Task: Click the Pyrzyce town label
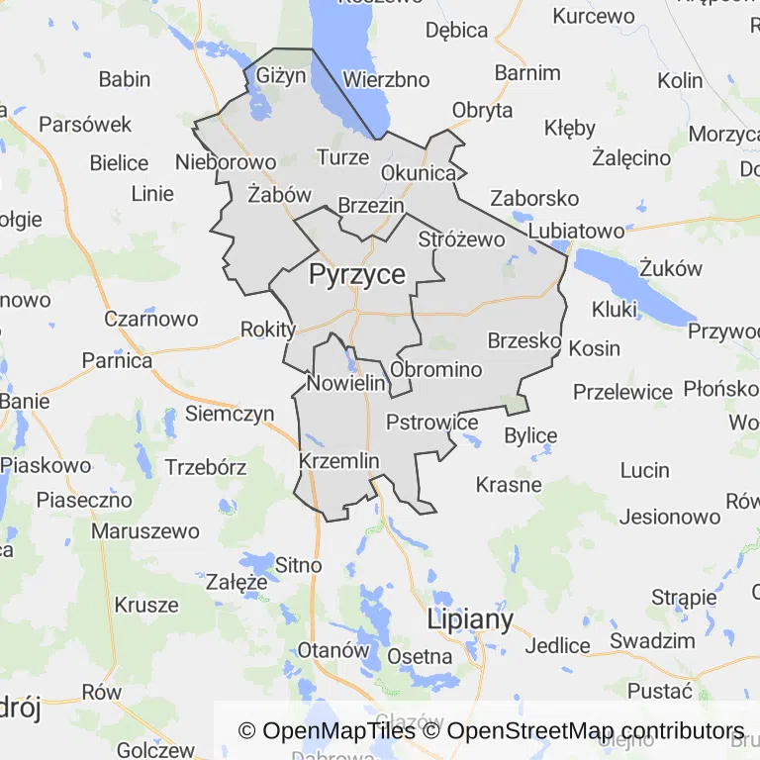click(357, 274)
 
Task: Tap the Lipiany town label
click(470, 620)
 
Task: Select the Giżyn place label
click(282, 75)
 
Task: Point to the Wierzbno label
click(386, 79)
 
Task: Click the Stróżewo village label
click(462, 238)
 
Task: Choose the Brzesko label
click(524, 340)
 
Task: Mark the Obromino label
click(436, 370)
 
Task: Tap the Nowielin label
click(345, 383)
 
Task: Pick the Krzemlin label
click(338, 460)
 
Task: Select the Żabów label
click(280, 195)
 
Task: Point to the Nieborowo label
click(225, 161)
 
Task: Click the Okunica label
click(419, 174)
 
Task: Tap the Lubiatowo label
click(577, 231)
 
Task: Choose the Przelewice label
click(622, 391)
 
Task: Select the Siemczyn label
click(230, 414)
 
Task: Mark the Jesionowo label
click(670, 517)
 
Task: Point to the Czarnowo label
click(151, 320)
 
